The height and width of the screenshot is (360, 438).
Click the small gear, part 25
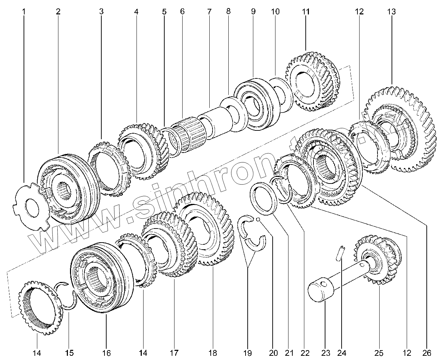(378, 260)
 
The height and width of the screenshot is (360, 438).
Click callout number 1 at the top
(24, 12)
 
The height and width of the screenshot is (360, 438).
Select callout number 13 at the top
(391, 12)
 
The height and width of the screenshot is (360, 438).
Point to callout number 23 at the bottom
(324, 353)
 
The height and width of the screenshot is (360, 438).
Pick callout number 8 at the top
(228, 12)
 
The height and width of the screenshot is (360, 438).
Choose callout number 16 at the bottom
(106, 353)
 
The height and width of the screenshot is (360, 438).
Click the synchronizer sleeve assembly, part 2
(69, 190)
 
